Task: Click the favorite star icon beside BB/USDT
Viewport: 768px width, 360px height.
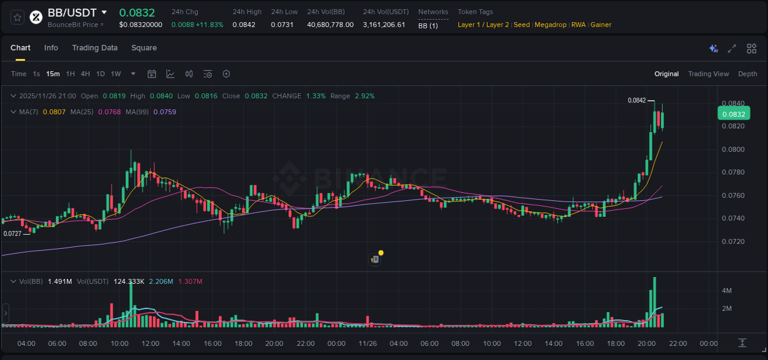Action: (17, 17)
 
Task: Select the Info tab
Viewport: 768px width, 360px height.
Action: (51, 48)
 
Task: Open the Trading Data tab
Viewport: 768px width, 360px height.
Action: (95, 48)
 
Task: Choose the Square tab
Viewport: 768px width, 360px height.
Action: (144, 48)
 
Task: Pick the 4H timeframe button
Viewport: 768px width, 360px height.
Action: (85, 74)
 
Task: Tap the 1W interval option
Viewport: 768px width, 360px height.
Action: (116, 74)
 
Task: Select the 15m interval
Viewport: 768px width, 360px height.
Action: (53, 74)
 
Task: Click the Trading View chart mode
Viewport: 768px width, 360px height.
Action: (708, 74)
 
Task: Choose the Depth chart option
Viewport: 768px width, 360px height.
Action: (748, 74)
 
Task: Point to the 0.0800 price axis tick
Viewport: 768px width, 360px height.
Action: (733, 149)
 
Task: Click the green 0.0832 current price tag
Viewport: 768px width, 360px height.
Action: (733, 114)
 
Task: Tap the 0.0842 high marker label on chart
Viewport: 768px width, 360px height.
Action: (637, 100)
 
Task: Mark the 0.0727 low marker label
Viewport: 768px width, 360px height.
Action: (12, 233)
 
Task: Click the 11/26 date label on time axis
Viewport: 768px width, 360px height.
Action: (367, 343)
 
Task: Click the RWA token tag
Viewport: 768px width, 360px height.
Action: (578, 25)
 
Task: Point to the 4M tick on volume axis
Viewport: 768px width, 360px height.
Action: (726, 291)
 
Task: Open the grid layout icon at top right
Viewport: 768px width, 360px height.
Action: (751, 49)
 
